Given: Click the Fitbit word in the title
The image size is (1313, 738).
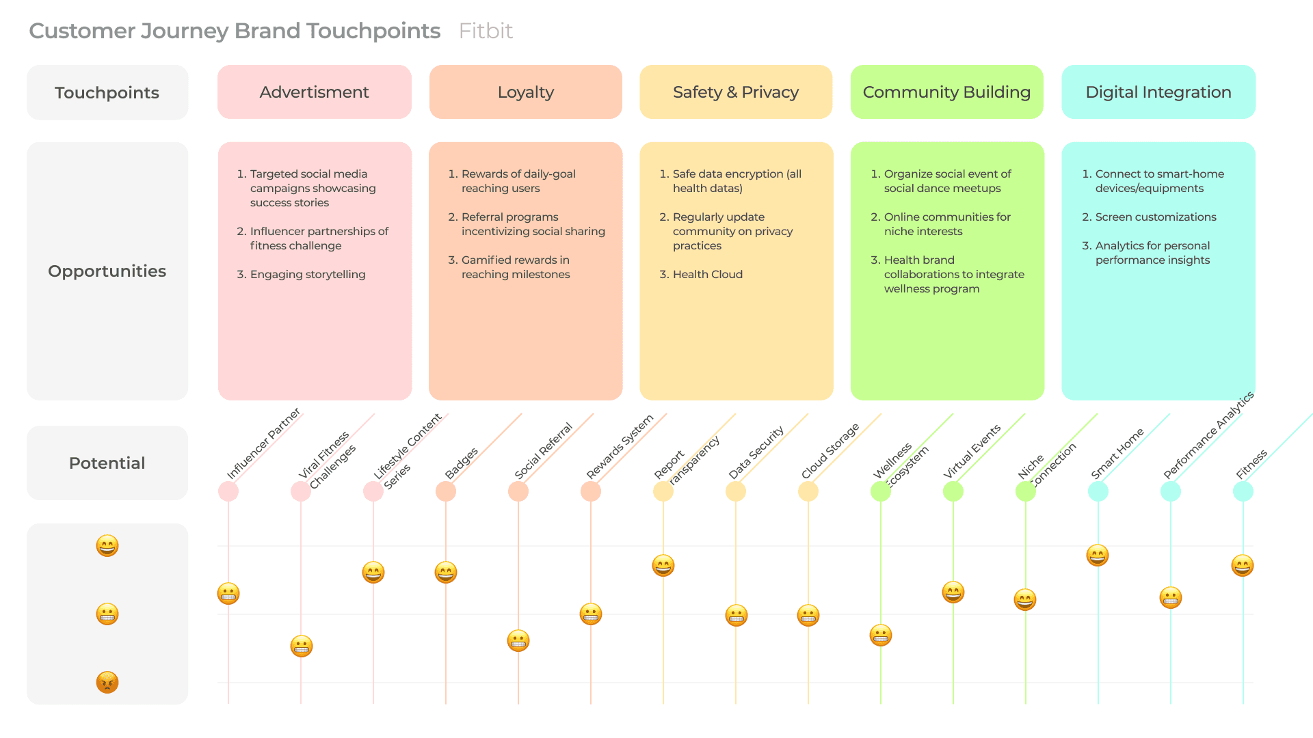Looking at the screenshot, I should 486,31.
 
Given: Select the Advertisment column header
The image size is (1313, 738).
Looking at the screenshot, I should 315,92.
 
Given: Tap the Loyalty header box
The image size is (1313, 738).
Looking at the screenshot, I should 525,92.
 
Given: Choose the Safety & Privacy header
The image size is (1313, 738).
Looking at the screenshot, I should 736,92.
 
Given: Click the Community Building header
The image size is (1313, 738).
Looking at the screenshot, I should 946,92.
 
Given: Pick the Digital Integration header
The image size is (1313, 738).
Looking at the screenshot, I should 1158,92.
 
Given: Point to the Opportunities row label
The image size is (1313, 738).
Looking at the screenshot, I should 107,271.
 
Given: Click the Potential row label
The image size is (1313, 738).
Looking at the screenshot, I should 107,463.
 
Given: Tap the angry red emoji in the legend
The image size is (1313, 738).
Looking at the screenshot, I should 107,682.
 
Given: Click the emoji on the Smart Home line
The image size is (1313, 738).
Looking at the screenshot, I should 1098,556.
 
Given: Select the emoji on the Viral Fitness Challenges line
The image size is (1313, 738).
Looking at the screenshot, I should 302,646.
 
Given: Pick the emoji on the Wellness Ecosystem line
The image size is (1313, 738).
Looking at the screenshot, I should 881,635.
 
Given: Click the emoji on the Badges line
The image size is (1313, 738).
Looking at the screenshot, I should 446,572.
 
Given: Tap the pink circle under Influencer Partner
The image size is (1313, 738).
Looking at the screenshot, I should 228,491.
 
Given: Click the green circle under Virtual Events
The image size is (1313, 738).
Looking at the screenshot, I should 953,491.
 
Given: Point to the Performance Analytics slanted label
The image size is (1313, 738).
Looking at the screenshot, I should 1208,435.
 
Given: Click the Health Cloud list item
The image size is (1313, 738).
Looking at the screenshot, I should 707,275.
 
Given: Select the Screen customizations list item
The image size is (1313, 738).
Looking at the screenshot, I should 1156,217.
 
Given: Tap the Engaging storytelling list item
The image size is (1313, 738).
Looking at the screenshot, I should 308,275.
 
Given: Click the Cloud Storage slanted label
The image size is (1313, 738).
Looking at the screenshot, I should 830,451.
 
